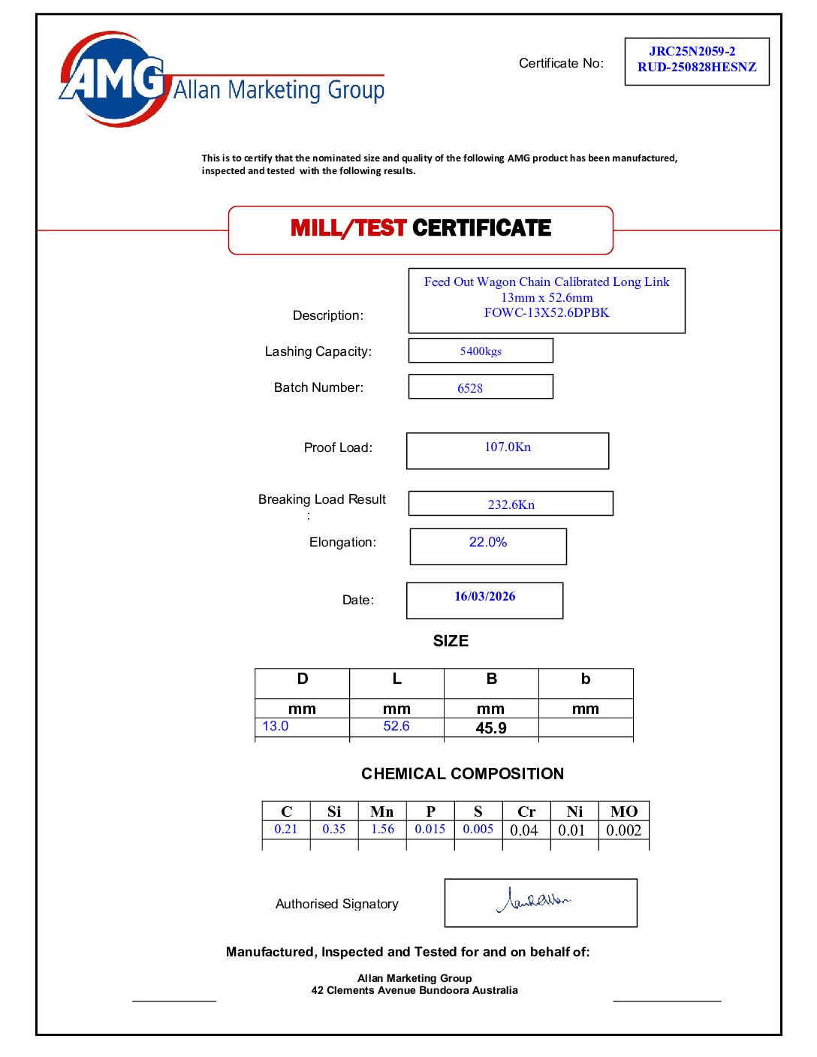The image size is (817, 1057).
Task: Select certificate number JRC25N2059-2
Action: (692, 51)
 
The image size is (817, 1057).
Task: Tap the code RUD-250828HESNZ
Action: (697, 67)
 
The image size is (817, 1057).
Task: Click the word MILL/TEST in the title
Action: (348, 228)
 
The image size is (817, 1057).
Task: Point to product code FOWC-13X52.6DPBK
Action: (546, 313)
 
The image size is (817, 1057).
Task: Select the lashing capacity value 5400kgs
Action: (481, 351)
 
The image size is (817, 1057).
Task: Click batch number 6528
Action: (470, 388)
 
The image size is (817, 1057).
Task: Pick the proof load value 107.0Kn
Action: (508, 447)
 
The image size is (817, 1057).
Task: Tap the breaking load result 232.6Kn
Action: (511, 504)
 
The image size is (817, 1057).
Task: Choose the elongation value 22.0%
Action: (488, 542)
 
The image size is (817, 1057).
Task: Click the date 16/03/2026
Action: (484, 597)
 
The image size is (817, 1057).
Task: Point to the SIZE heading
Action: (451, 641)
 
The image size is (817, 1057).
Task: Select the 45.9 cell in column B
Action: (491, 728)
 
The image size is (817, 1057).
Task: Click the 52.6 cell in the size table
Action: (396, 727)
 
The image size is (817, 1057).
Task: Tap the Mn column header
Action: (381, 812)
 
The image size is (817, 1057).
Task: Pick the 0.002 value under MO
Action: (623, 830)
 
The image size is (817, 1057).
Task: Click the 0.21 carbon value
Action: (285, 830)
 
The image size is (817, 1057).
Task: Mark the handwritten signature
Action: (534, 899)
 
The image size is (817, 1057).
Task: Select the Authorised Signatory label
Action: (336, 905)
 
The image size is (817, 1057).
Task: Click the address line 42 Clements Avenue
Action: (415, 991)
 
